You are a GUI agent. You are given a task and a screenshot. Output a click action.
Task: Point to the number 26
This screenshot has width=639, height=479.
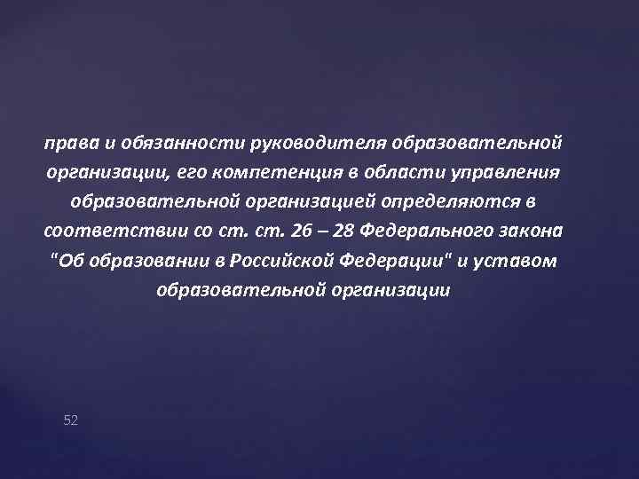[x=301, y=231]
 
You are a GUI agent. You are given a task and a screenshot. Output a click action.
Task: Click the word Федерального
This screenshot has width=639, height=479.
[x=430, y=231]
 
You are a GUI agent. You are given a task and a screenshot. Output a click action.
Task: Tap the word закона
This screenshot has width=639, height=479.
[x=532, y=231]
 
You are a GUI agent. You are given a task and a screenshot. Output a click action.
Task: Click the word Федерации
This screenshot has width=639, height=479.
[x=381, y=260]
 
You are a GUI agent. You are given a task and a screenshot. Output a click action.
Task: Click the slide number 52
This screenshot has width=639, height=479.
[x=71, y=420]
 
